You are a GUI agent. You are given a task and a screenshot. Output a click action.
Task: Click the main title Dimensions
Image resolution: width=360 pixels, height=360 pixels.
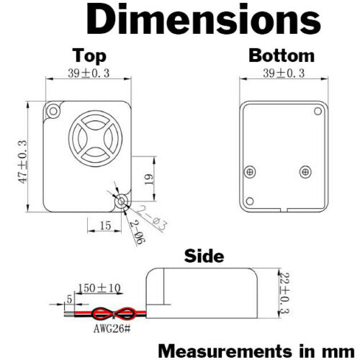(204, 19)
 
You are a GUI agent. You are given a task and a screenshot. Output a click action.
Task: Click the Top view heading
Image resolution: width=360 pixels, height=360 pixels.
(89, 56)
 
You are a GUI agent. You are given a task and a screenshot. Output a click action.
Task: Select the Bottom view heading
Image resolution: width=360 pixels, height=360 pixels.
(282, 55)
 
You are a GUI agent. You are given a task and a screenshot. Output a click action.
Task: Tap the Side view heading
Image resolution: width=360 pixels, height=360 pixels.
(204, 256)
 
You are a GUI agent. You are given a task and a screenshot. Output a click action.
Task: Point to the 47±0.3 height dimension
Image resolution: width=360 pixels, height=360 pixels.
(23, 162)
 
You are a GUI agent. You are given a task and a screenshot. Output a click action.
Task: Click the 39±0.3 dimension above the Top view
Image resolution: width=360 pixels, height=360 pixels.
(89, 73)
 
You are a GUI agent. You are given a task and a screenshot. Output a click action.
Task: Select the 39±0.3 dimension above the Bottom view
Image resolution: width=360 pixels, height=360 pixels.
(284, 73)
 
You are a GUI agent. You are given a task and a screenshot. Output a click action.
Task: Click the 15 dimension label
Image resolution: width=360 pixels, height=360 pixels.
(105, 225)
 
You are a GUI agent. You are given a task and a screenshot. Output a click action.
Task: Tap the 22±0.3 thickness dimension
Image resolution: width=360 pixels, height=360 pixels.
(285, 293)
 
